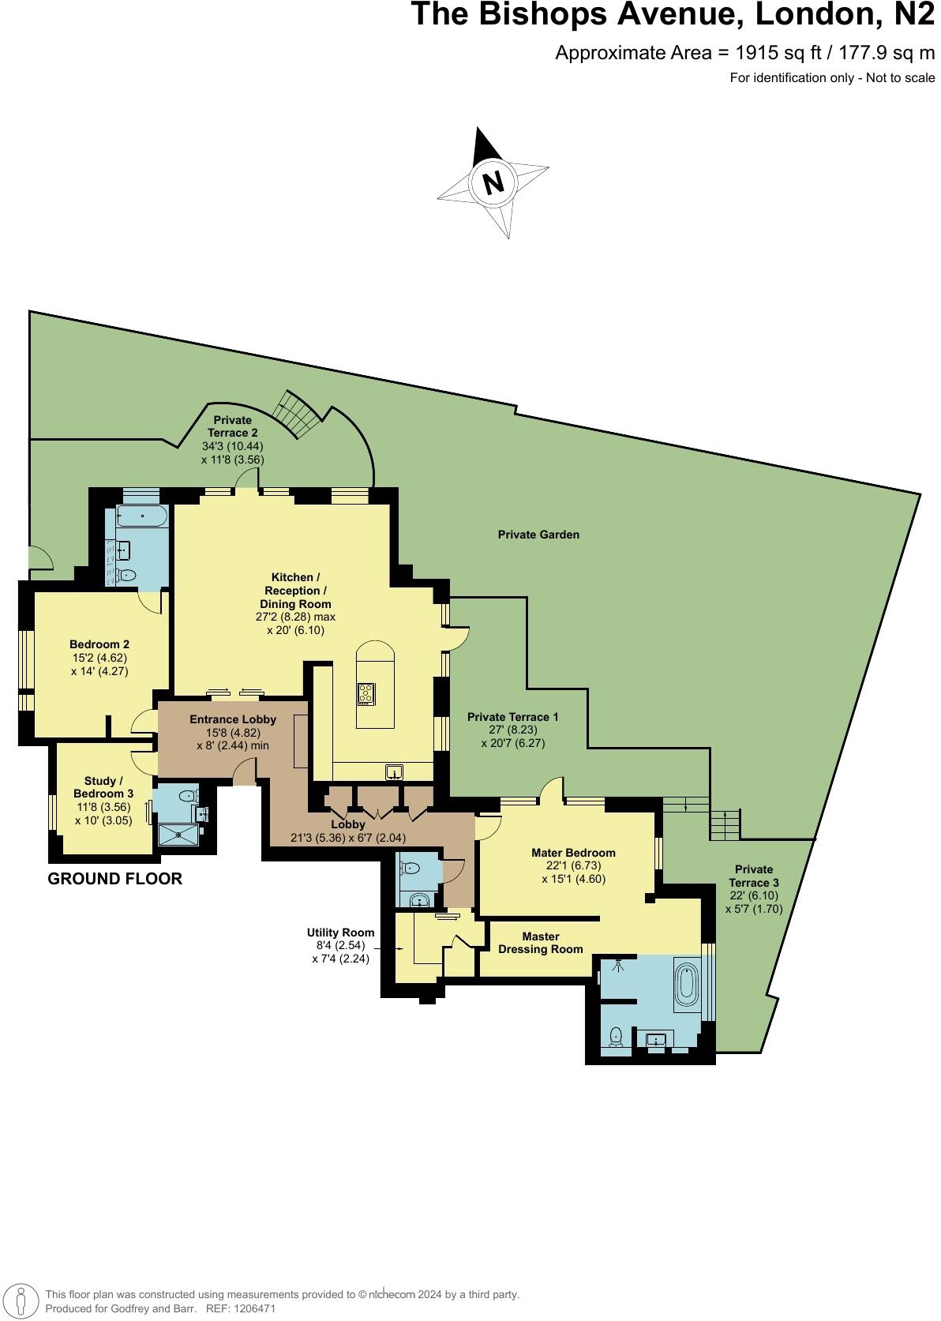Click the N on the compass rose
(493, 183)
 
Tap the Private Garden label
(538, 535)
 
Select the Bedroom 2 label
(99, 644)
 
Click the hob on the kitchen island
(367, 693)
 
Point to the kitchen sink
(395, 771)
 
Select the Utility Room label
(341, 933)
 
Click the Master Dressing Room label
(541, 943)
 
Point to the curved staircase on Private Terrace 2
(296, 415)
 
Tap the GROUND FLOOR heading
(115, 879)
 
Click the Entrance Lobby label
(233, 719)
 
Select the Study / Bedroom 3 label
(103, 787)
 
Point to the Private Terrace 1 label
(513, 717)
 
